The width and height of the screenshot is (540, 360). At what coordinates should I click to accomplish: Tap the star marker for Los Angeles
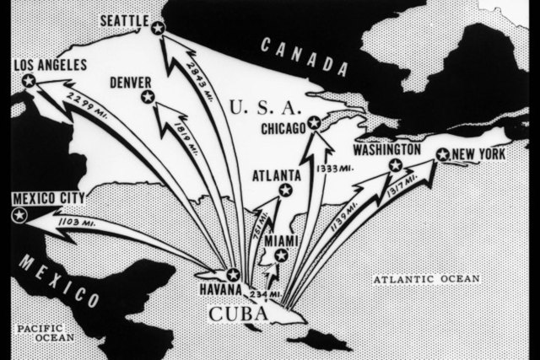tap(29, 81)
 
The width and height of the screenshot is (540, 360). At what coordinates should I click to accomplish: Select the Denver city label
tap(130, 82)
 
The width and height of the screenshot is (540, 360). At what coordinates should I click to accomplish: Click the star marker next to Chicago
tap(315, 124)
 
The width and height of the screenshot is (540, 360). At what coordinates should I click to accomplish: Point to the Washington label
tap(386, 149)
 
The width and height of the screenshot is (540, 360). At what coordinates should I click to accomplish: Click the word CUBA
tap(240, 314)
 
